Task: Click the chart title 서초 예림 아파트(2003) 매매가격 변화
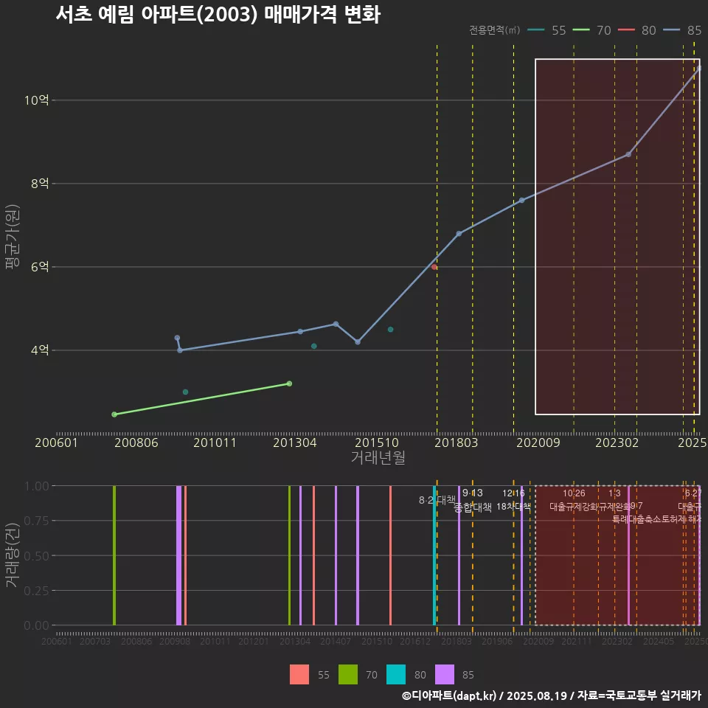click(x=218, y=15)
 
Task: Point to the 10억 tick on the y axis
click(x=36, y=100)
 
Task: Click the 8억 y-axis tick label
click(x=39, y=184)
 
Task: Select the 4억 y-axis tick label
click(x=39, y=350)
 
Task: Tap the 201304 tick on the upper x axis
click(x=295, y=443)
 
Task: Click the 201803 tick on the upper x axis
click(x=456, y=443)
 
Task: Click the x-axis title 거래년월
click(x=378, y=458)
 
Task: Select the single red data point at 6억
click(x=434, y=267)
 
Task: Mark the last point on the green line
click(x=289, y=383)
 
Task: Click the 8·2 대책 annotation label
click(x=437, y=500)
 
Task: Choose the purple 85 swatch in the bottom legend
click(x=445, y=674)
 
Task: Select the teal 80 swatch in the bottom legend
click(x=396, y=674)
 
